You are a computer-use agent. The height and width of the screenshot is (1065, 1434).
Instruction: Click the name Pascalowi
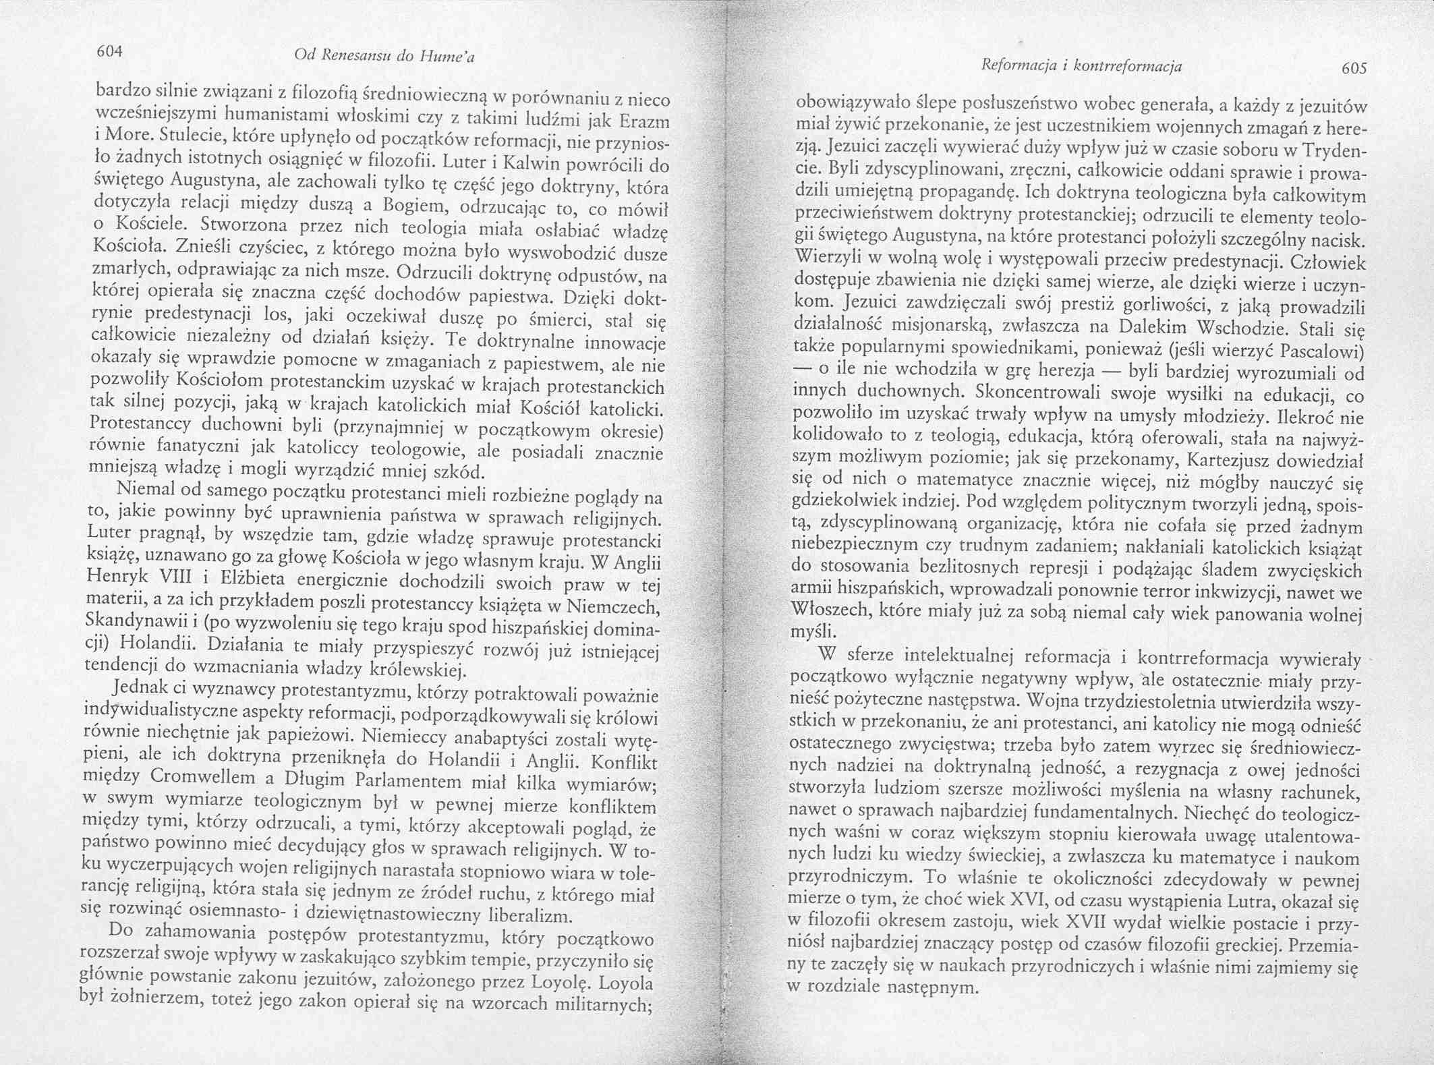click(1322, 352)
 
